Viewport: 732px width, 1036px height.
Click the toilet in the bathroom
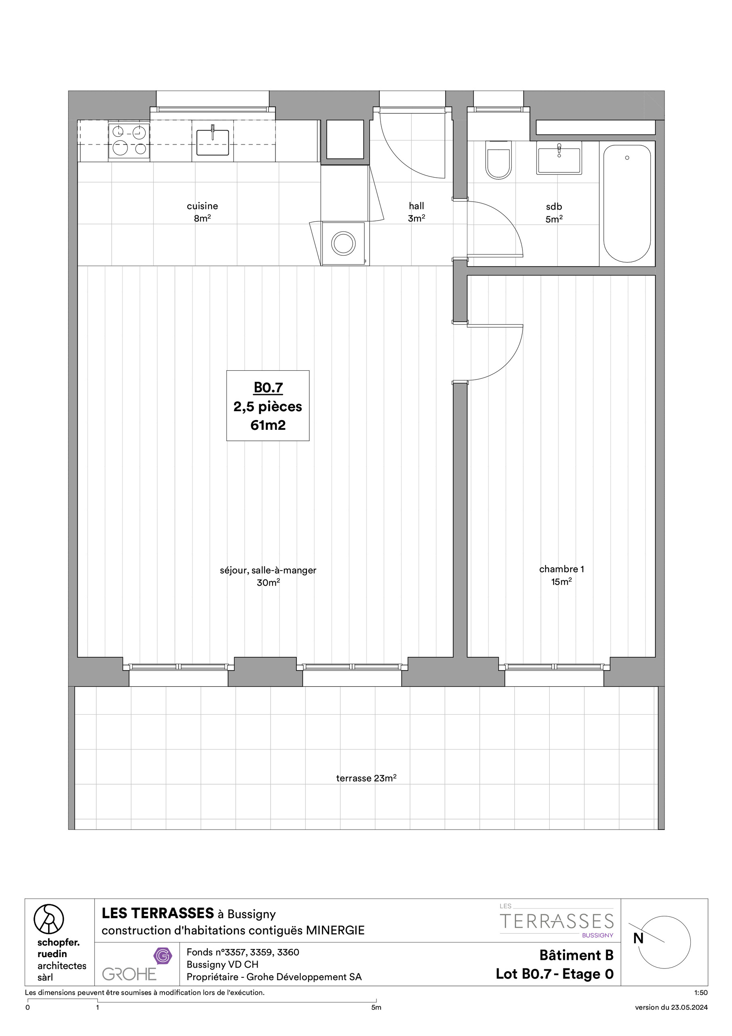click(498, 161)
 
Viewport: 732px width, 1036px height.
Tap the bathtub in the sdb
click(627, 203)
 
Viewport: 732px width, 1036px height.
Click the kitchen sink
click(212, 142)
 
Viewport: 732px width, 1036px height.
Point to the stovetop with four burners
click(129, 140)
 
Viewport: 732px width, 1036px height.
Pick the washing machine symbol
click(344, 244)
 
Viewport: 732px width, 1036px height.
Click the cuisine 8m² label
click(202, 212)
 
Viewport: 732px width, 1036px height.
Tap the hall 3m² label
click(416, 212)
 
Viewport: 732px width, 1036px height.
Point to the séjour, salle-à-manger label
click(268, 570)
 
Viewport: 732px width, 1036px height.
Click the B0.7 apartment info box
click(268, 405)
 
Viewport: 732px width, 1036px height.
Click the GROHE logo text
click(129, 974)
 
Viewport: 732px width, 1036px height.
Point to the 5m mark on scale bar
click(376, 1008)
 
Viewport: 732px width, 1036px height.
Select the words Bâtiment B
click(576, 955)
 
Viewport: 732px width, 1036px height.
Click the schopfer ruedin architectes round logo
click(49, 919)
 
